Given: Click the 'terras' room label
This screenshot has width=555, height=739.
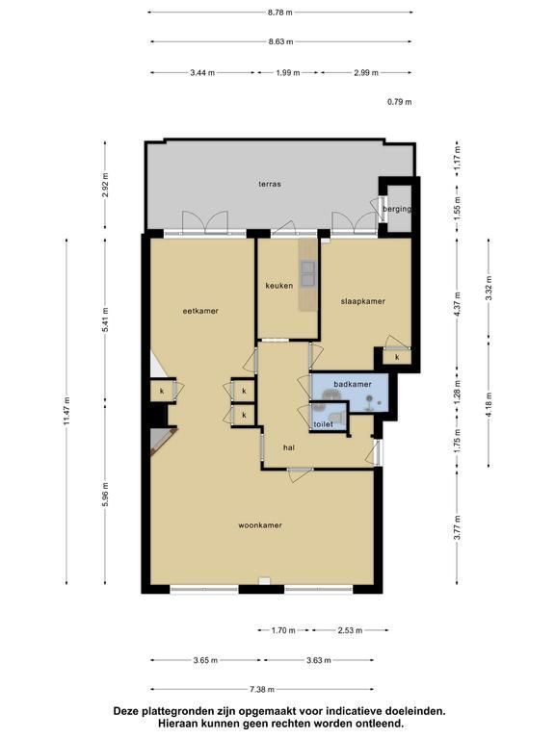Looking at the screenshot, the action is [x=270, y=184].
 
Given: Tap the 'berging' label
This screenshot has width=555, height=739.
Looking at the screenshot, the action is [x=396, y=209].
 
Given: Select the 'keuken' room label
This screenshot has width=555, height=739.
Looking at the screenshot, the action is [x=278, y=285].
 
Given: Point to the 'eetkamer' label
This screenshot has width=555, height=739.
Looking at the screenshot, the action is [x=200, y=311].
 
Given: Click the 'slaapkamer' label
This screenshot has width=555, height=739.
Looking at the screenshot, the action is [x=363, y=301].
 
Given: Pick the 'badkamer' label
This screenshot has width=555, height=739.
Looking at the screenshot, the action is [x=353, y=384].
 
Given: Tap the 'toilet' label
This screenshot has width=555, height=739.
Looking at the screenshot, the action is [x=324, y=424].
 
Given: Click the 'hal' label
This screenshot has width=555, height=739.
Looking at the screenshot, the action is [x=289, y=447].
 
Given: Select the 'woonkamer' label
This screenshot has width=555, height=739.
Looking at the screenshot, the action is [x=260, y=525].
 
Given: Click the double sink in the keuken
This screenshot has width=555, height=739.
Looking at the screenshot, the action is [x=308, y=273].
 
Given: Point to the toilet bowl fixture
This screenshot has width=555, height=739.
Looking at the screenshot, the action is [x=336, y=416].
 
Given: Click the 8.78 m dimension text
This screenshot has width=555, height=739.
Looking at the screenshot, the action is [x=280, y=13].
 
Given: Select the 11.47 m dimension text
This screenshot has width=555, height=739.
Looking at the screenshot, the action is [x=66, y=412].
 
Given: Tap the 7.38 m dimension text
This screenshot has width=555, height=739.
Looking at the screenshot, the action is [x=262, y=690].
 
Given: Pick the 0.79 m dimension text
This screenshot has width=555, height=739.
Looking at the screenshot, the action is [x=399, y=101].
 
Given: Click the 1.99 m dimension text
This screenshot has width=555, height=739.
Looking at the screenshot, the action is [x=288, y=72].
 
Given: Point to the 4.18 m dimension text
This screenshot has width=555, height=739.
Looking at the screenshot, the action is [x=489, y=405].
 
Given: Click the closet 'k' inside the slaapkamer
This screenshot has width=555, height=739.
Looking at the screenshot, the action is [x=397, y=357].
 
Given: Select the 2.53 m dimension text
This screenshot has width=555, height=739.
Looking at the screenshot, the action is [x=350, y=630].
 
